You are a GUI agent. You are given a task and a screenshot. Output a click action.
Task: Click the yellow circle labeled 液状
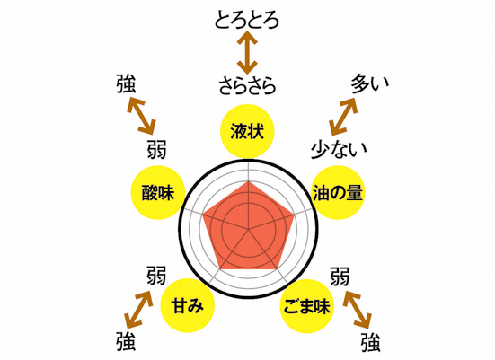[247, 131]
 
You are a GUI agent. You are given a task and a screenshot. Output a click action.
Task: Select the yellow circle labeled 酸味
[158, 192]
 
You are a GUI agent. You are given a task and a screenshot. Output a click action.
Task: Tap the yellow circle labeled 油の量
[337, 192]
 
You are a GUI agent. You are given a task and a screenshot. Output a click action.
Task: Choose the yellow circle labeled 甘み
[188, 305]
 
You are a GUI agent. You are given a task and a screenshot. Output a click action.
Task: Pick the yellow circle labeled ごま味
[307, 306]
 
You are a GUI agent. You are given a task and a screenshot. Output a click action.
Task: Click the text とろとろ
[247, 21]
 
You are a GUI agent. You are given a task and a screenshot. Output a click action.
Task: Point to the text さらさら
[248, 85]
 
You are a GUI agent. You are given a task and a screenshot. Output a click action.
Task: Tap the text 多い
[370, 83]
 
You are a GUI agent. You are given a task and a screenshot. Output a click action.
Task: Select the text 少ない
[339, 149]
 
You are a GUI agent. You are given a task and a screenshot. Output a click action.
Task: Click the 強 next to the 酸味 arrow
[126, 83]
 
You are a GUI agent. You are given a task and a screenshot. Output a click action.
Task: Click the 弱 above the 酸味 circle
[156, 149]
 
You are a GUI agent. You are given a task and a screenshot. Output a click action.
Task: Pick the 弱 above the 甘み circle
[156, 275]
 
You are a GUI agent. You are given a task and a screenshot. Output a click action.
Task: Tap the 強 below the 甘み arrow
[126, 341]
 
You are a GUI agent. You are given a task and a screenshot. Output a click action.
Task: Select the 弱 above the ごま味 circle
[340, 277]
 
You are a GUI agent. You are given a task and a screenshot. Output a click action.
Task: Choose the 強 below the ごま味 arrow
[371, 342]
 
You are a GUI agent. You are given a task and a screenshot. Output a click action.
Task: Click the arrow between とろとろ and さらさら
[247, 53]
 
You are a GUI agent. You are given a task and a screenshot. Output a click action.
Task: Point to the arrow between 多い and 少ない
[343, 117]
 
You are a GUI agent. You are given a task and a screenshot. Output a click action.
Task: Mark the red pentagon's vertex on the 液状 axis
[249, 181]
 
